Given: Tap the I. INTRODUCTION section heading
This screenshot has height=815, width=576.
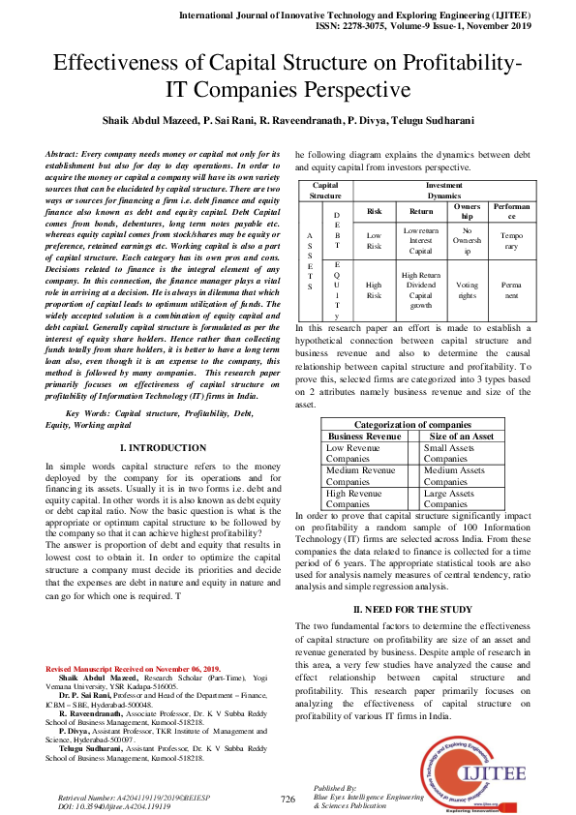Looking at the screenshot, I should pyautogui.click(x=162, y=448).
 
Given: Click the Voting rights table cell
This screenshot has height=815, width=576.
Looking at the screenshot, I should pyautogui.click(x=467, y=286).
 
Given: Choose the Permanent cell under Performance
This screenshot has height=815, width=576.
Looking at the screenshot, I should pyautogui.click(x=510, y=286).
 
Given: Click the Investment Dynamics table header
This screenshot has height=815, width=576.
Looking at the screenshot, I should pyautogui.click(x=443, y=189).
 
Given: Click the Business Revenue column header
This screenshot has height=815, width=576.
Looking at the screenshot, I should pyautogui.click(x=364, y=437).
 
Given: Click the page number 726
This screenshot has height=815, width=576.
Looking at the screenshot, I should pyautogui.click(x=288, y=799).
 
